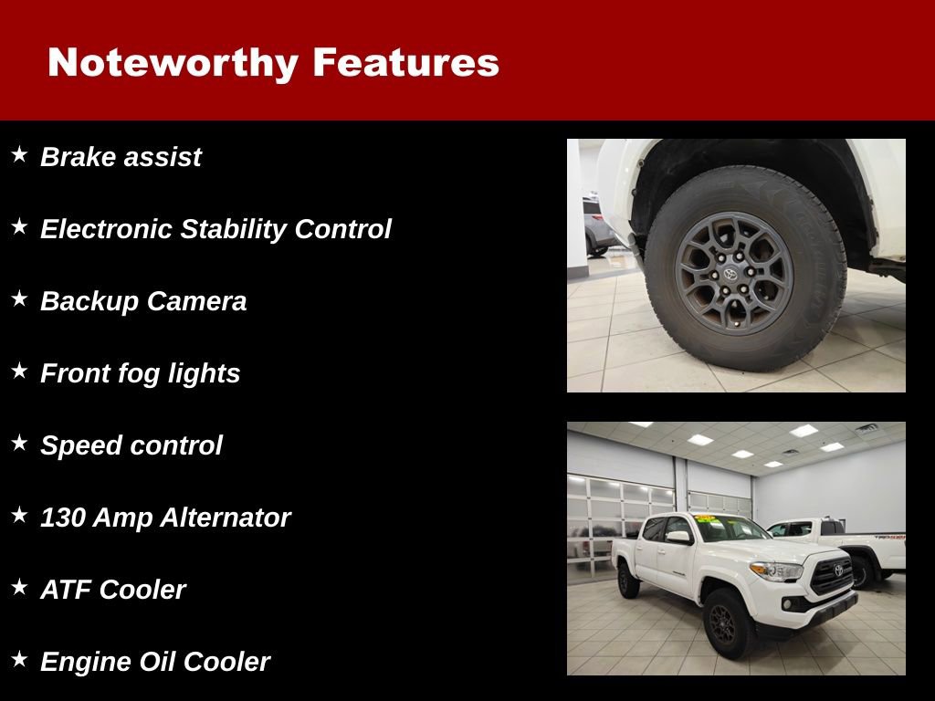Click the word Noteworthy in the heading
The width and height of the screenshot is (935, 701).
(x=173, y=62)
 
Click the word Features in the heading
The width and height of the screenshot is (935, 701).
(x=405, y=62)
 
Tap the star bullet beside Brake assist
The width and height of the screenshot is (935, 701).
(x=19, y=155)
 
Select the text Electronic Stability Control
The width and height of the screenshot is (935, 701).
(x=215, y=229)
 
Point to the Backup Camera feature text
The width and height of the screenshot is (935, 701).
(x=143, y=301)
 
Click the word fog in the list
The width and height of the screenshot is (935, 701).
(x=140, y=373)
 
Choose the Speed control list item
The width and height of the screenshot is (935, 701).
(x=131, y=445)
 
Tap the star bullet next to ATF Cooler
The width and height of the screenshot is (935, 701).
(x=19, y=588)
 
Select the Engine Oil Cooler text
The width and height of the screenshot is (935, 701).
(x=155, y=662)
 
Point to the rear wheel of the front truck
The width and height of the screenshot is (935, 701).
(x=628, y=580)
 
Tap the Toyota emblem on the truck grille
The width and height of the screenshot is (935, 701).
(x=838, y=570)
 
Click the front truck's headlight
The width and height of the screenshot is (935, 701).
(x=776, y=570)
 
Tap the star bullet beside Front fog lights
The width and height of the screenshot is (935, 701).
(x=19, y=371)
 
